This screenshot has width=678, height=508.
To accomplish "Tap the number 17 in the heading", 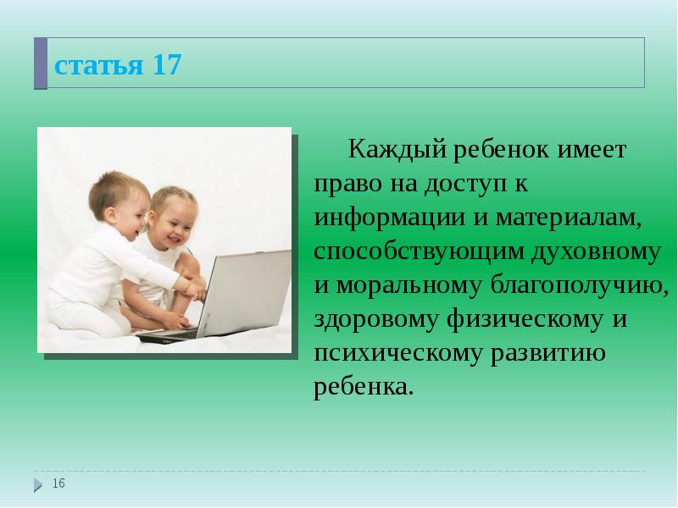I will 167,65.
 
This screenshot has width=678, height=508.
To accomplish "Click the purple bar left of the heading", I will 40,63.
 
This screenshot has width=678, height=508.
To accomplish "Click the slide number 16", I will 58,483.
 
